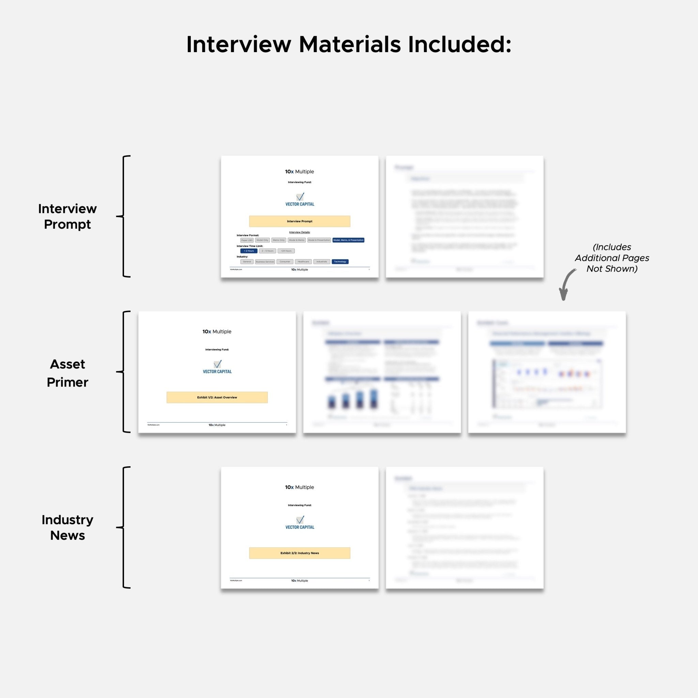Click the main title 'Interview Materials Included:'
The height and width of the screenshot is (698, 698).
coord(349,45)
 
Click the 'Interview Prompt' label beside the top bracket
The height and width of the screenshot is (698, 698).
coord(67,216)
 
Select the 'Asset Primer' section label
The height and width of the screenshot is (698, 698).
coord(67,373)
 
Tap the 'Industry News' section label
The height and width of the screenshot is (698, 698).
coord(67,528)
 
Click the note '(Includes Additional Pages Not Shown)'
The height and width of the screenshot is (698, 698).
coord(612,258)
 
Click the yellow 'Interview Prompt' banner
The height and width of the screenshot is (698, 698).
coord(300,221)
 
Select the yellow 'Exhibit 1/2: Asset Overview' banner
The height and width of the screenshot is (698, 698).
coord(217,397)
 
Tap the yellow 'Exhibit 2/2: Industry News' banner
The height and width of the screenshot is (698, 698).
coord(300,553)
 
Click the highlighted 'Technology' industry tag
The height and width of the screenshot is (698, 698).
coord(340,261)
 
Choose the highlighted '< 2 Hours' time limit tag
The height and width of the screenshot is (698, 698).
coord(248,251)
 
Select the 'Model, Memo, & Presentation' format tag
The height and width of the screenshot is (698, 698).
coord(348,240)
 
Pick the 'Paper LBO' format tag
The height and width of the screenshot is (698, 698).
coord(247,240)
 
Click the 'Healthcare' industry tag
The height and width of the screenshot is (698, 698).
coord(303,261)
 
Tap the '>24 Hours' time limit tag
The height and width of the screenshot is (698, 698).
coord(286,251)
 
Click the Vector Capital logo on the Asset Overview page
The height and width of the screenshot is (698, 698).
coord(217,366)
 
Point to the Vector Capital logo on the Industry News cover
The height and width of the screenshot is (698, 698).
coord(300,522)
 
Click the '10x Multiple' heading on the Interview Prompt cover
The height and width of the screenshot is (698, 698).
coord(300,172)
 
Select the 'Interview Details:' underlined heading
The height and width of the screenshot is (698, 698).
coord(300,232)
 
